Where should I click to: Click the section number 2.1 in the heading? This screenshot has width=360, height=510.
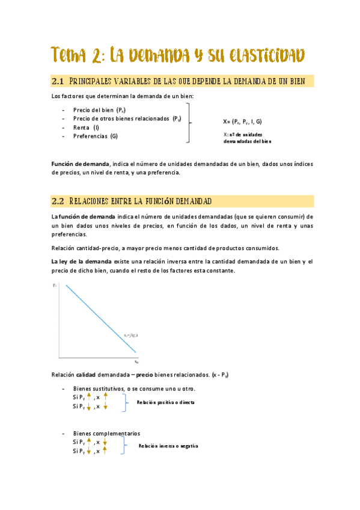pyautogui.click(x=58, y=81)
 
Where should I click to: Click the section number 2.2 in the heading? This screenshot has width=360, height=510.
pyautogui.click(x=58, y=200)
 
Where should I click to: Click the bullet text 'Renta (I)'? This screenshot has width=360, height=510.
pyautogui.click(x=86, y=127)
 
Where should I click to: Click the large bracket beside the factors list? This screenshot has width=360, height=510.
pyautogui.click(x=189, y=123)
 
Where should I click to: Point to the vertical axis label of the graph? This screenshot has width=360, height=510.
pyautogui.click(x=55, y=284)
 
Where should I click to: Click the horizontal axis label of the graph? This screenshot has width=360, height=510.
pyautogui.click(x=136, y=362)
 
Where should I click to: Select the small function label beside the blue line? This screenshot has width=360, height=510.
pyautogui.click(x=131, y=335)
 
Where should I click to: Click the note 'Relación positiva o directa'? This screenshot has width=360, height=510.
pyautogui.click(x=165, y=402)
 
